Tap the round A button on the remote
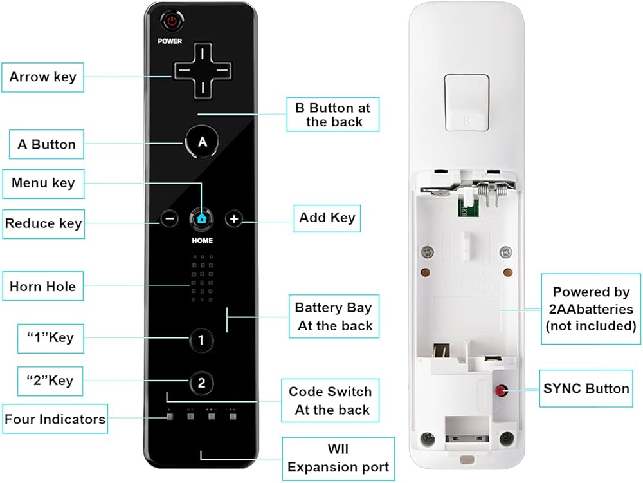coord(202,142)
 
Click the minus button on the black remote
coord(170,219)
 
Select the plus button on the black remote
coord(234,219)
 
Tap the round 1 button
coord(201,339)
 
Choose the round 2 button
coord(201,383)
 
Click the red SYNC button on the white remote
coord(499,390)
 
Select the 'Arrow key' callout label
coord(42,77)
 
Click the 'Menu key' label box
coord(43,184)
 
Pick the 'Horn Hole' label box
coord(42,287)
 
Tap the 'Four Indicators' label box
coord(55,419)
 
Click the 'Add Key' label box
coord(327,218)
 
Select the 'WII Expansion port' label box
coord(338,458)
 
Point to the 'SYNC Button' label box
coord(586,388)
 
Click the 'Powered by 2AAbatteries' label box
coord(591,309)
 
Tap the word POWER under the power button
coord(170,41)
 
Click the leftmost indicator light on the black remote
coord(170,415)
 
